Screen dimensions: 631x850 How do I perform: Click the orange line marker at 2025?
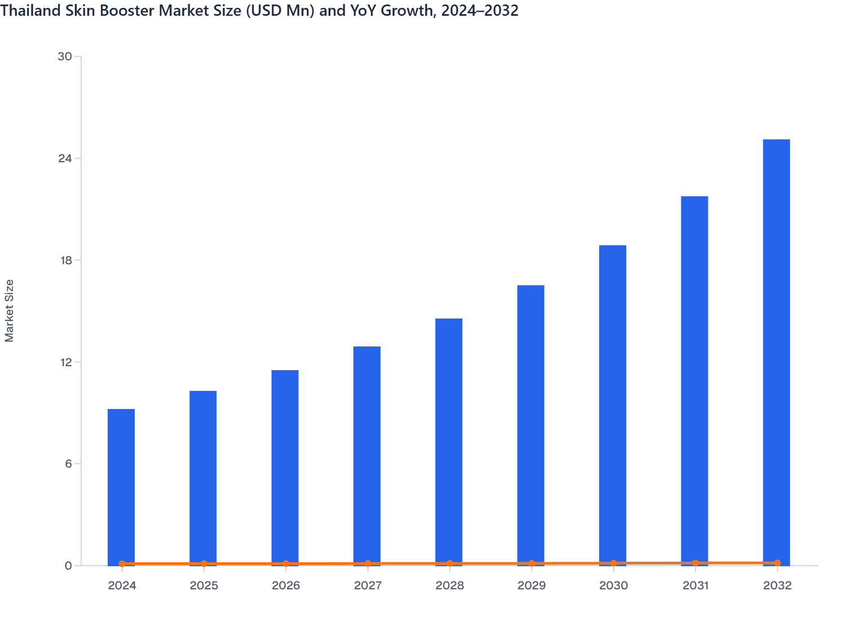[x=204, y=563]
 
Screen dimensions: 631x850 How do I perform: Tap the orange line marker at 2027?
[x=368, y=563]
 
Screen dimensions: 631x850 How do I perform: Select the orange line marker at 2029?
[x=532, y=563]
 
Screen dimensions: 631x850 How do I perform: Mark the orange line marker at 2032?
[x=777, y=563]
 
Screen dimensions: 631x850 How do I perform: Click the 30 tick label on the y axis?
[x=65, y=56]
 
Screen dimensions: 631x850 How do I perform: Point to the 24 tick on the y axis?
[x=65, y=158]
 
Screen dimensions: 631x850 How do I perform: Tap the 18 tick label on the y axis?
[x=65, y=260]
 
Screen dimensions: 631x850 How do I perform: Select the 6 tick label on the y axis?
[x=68, y=464]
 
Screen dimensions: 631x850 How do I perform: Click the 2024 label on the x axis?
[x=122, y=585]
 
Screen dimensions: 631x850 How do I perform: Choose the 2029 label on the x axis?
[x=532, y=585]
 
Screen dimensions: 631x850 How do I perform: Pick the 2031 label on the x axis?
[x=695, y=585]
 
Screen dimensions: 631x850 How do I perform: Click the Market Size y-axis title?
[x=10, y=310]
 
